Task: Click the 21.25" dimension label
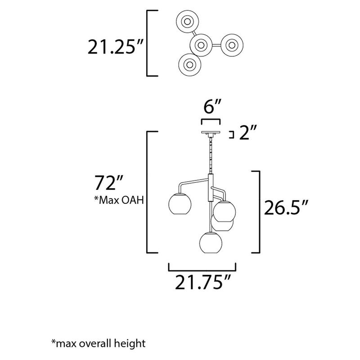(x=116, y=46)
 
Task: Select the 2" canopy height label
(x=248, y=134)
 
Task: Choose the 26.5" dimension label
(x=286, y=209)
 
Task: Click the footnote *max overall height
(x=99, y=344)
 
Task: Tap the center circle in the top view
(x=201, y=45)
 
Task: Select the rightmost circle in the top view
(x=232, y=45)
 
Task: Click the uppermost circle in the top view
(x=187, y=22)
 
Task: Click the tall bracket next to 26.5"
(x=258, y=211)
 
